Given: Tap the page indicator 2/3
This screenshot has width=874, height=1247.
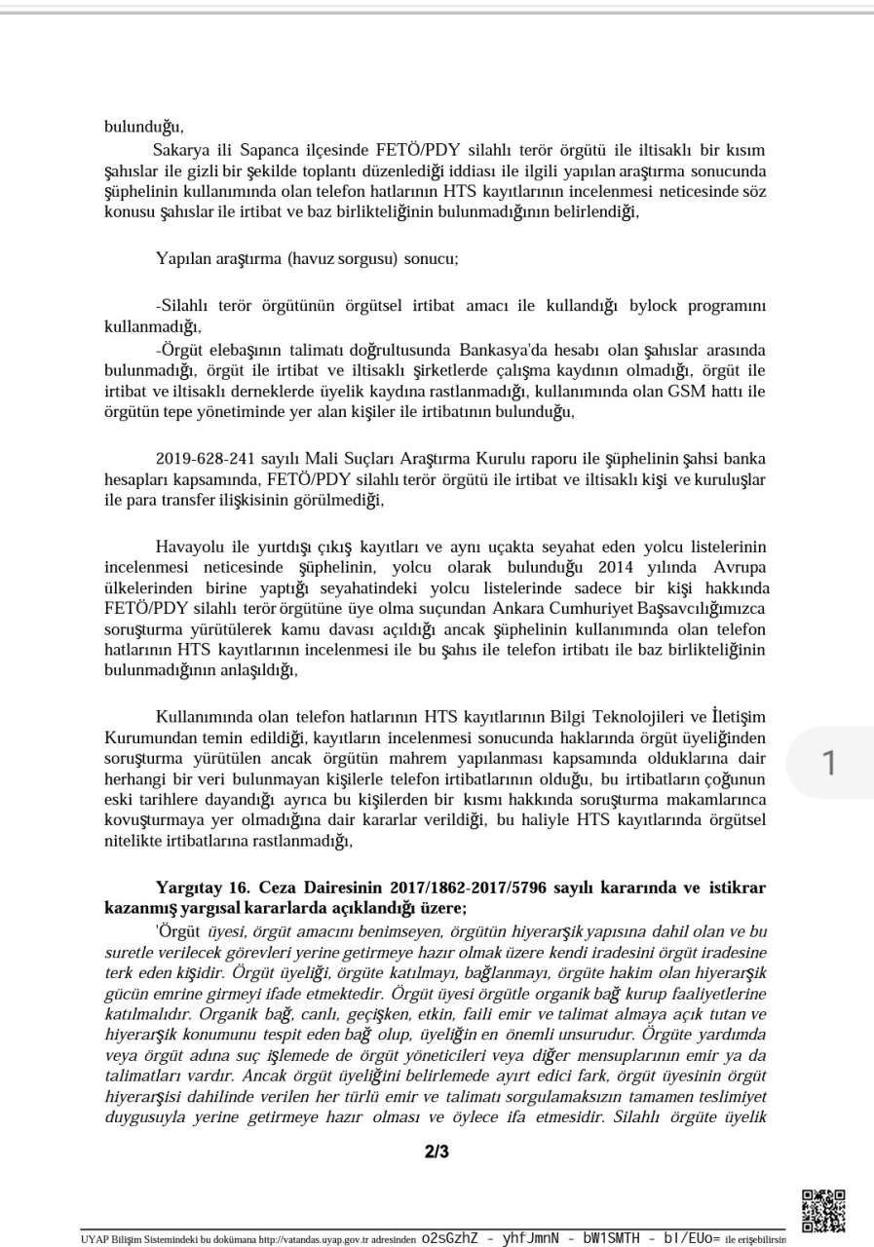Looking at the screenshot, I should click(437, 1153).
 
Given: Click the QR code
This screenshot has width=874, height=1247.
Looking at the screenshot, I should click(822, 1210).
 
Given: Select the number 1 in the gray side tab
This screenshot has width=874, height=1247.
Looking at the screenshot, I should click(829, 764).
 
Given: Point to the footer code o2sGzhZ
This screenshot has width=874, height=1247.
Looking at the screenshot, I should click(450, 1239).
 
